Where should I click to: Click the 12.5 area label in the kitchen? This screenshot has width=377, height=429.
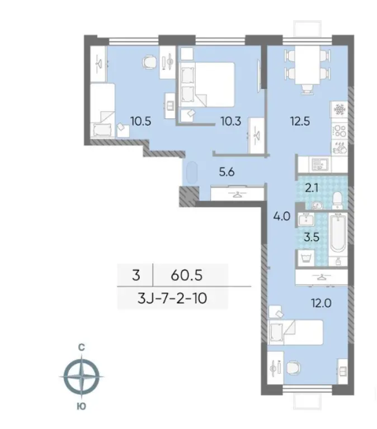click(300, 121)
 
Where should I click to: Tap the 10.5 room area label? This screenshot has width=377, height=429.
click(141, 121)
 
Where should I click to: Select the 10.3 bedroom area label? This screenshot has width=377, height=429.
click(231, 121)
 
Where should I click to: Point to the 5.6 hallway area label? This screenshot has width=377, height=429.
click(227, 172)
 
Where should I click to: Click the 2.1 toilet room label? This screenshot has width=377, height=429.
click(312, 188)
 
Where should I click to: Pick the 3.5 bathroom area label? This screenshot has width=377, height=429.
click(312, 237)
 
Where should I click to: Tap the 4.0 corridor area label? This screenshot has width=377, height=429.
click(282, 216)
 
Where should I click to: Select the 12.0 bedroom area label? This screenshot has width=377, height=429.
click(321, 303)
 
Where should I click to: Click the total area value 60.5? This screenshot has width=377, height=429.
click(187, 275)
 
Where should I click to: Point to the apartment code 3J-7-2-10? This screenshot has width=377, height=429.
click(172, 298)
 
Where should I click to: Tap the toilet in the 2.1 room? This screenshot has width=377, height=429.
click(337, 199)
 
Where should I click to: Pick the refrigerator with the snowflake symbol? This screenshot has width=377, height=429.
click(339, 109)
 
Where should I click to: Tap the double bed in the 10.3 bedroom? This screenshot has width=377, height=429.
click(207, 84)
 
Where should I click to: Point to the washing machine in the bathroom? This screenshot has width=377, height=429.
click(305, 258)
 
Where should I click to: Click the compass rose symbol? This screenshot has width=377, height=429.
click(81, 376)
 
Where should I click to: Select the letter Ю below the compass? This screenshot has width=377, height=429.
click(81, 406)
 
